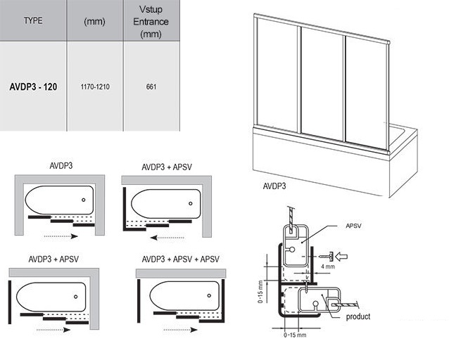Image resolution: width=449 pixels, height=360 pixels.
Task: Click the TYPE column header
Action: pos(33,20)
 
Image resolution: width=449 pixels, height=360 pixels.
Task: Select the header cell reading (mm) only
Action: pos(94,21)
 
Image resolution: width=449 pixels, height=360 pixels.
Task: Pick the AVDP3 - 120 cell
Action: pos(33,87)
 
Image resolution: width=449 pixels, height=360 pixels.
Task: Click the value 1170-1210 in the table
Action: pos(94,87)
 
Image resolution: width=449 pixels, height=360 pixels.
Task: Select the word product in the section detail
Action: pos(358,316)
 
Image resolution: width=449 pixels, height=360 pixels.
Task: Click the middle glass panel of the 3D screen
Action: pos(324,84)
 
